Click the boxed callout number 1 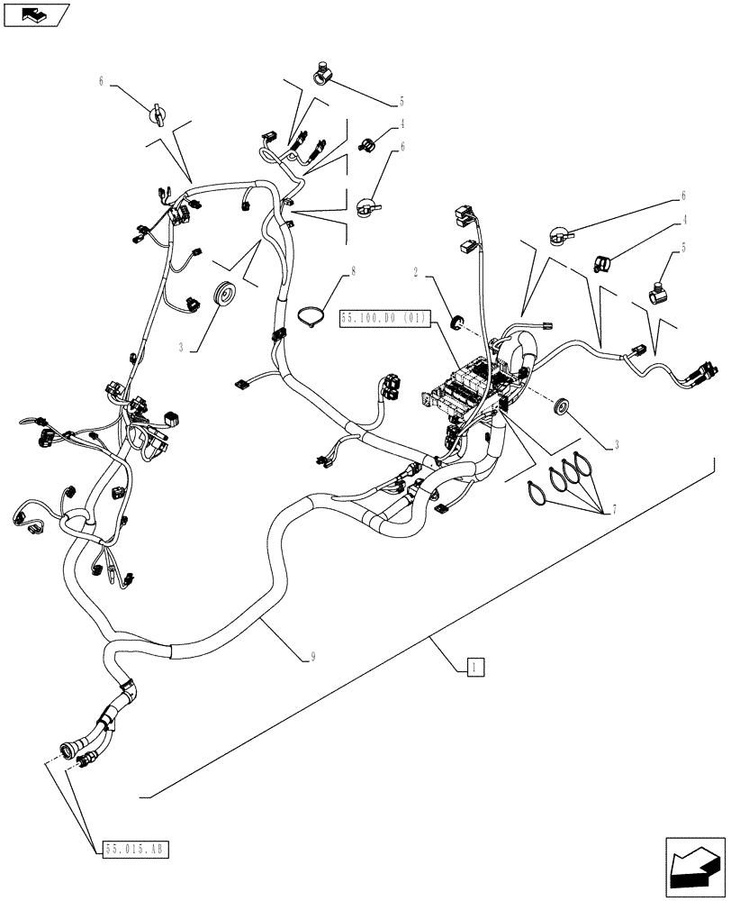coord(476,667)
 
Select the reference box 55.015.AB coord(136,849)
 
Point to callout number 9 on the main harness coord(311,658)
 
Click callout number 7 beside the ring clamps coord(614,511)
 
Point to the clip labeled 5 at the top coord(322,72)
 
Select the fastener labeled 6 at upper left coord(158,114)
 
